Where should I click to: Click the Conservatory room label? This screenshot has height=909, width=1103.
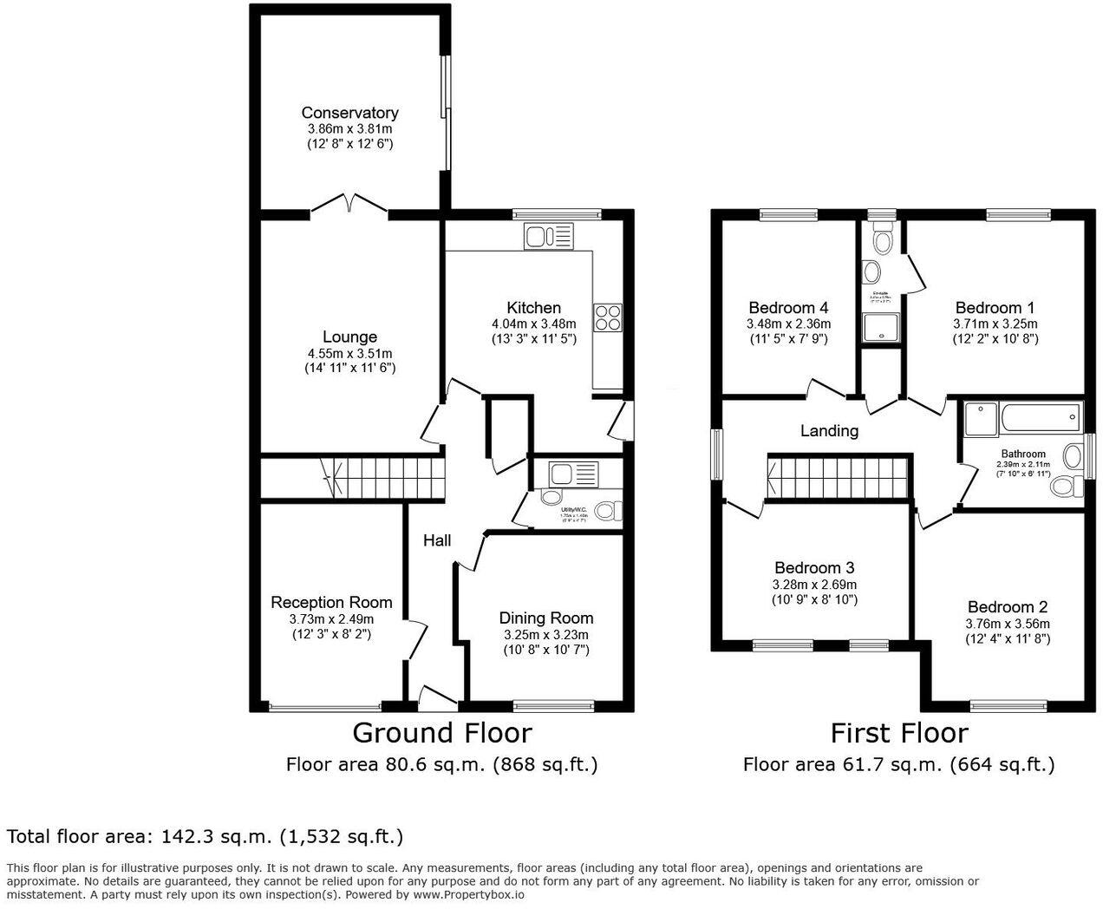click(349, 113)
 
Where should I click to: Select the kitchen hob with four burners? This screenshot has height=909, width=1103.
click(608, 317)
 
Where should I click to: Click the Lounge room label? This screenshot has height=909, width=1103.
click(349, 337)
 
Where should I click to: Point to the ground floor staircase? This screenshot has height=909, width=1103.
click(382, 478)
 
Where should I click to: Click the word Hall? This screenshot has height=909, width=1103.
click(437, 541)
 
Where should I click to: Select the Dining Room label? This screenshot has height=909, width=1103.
click(545, 618)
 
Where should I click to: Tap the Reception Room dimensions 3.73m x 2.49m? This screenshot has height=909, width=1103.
click(331, 619)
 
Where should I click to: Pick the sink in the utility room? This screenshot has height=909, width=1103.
click(573, 474)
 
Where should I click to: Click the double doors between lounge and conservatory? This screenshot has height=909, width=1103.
click(349, 204)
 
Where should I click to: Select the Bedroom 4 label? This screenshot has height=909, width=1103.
click(788, 308)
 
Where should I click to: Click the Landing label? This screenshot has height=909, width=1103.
click(829, 431)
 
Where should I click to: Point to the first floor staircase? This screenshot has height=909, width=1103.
click(837, 478)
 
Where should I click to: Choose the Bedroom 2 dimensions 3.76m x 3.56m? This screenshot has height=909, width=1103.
click(1007, 624)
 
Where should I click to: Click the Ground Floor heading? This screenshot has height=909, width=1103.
click(441, 733)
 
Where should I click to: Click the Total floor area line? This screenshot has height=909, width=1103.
click(205, 837)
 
